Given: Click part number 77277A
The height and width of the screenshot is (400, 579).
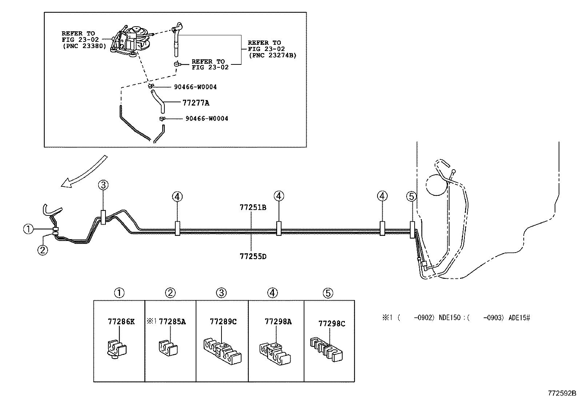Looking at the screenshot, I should (196, 103).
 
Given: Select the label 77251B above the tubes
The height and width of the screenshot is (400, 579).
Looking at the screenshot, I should (253, 207).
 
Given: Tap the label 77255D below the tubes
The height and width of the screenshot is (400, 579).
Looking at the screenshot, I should (253, 256).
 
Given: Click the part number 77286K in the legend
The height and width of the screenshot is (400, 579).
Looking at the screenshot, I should (121, 321).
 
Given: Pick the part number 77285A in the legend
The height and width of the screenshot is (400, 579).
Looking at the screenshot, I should (172, 321).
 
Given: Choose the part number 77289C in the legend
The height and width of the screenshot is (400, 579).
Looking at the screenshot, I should (223, 321).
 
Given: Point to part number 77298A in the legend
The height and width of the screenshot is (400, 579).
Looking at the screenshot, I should (278, 321).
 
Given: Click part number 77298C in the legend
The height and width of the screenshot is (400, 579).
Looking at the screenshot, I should (331, 323).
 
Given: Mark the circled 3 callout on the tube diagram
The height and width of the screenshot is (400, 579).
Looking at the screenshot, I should (103, 185).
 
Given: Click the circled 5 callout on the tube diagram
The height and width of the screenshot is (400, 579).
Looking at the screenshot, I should (411, 197).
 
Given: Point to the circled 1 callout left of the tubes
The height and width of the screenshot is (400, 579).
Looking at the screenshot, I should (28, 229).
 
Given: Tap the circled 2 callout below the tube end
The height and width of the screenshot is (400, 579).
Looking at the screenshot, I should (43, 250).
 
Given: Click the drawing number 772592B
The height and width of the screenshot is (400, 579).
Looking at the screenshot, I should (562, 393).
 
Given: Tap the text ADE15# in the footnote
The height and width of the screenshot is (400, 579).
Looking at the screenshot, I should (519, 318).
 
